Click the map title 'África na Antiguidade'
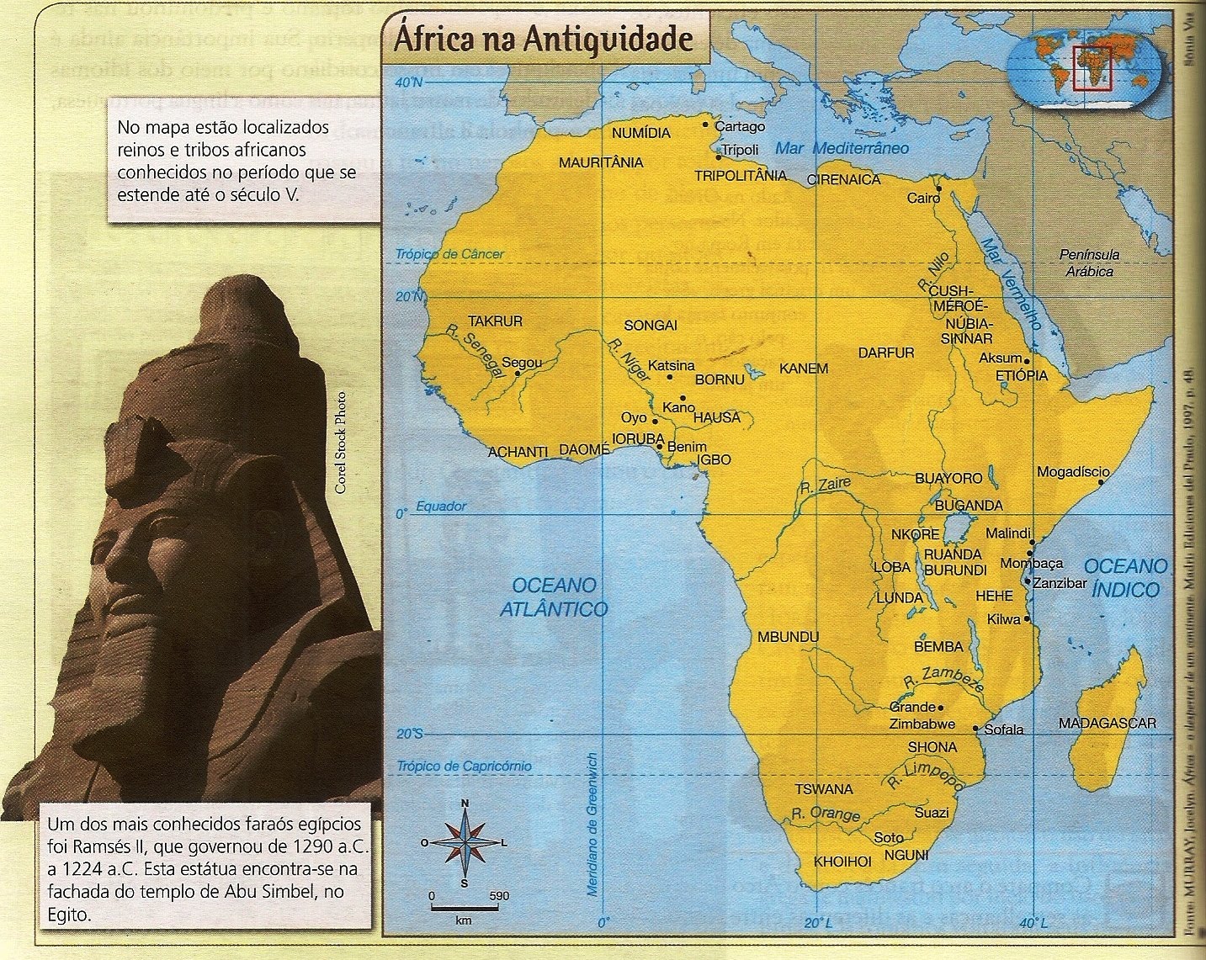click(x=544, y=39)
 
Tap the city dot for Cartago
click(x=706, y=124)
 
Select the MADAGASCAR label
click(x=1107, y=723)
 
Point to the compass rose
click(x=465, y=842)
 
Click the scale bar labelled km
click(x=464, y=908)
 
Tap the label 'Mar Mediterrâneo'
click(x=842, y=148)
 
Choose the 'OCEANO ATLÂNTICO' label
click(x=554, y=597)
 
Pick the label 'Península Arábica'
click(x=1089, y=263)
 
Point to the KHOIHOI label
click(x=842, y=862)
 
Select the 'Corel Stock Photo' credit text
click(x=341, y=443)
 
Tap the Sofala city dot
click(x=975, y=728)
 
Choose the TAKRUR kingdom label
click(x=495, y=321)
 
